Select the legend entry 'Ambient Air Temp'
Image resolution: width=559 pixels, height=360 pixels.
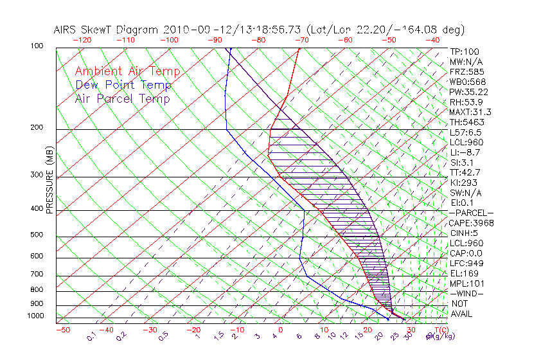coord(127,71)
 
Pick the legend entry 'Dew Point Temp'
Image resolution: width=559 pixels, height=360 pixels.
coord(123,85)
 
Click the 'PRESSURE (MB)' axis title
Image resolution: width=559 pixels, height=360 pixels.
coord(49,179)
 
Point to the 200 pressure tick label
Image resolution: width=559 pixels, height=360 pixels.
coord(37,128)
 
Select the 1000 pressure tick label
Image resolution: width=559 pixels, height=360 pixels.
coord(35,316)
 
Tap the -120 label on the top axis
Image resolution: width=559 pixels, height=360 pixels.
coord(82,40)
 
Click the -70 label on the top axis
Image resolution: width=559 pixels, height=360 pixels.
coord(301,40)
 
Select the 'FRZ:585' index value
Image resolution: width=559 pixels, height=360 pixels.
coord(464,71)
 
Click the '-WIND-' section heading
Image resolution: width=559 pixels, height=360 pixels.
coord(467,293)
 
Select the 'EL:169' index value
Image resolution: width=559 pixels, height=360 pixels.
coord(462,273)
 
